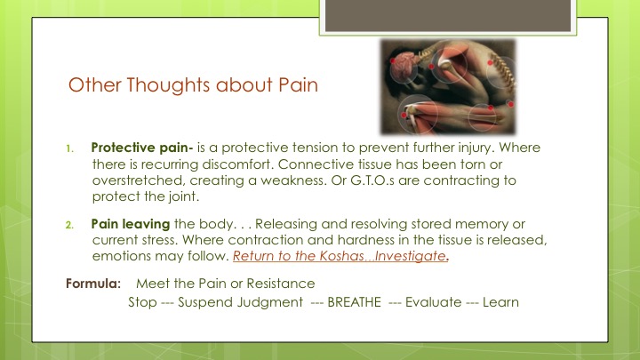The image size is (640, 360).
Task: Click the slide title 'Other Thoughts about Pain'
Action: [x=193, y=85]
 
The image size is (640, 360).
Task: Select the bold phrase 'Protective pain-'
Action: [x=142, y=148]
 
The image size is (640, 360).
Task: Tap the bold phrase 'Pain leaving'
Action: [x=131, y=224]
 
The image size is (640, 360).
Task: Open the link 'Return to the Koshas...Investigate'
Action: [x=340, y=256]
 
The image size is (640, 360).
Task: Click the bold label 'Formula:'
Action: [x=93, y=284]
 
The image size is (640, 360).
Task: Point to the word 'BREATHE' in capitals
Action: [x=354, y=302]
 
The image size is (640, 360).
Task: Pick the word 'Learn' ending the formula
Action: [x=500, y=302]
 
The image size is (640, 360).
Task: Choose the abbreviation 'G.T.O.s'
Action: [x=372, y=180]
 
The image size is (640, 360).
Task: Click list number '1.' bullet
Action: [x=70, y=148]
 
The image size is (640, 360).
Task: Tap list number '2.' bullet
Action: [x=70, y=225]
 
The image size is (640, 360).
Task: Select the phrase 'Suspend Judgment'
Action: [x=240, y=302]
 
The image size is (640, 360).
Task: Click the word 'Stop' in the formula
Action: [x=142, y=302]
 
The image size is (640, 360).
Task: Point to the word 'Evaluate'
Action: [x=433, y=302]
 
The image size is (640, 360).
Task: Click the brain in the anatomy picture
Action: [x=404, y=64]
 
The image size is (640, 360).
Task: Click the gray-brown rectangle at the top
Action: [x=448, y=15]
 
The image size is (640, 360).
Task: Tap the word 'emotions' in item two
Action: [x=117, y=256]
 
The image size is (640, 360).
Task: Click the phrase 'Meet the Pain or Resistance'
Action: [x=225, y=284]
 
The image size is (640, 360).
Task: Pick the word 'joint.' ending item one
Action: [x=184, y=196]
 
